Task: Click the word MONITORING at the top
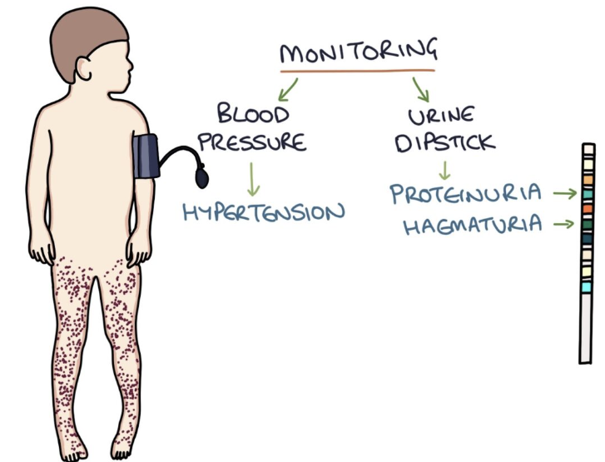[x=358, y=52]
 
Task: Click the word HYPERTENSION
[x=263, y=211]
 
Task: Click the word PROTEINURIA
[x=465, y=194]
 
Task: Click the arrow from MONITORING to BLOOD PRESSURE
[x=289, y=87]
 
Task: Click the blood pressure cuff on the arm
[x=145, y=156]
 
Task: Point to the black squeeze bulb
[x=202, y=176]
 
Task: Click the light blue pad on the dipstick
[x=588, y=286]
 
